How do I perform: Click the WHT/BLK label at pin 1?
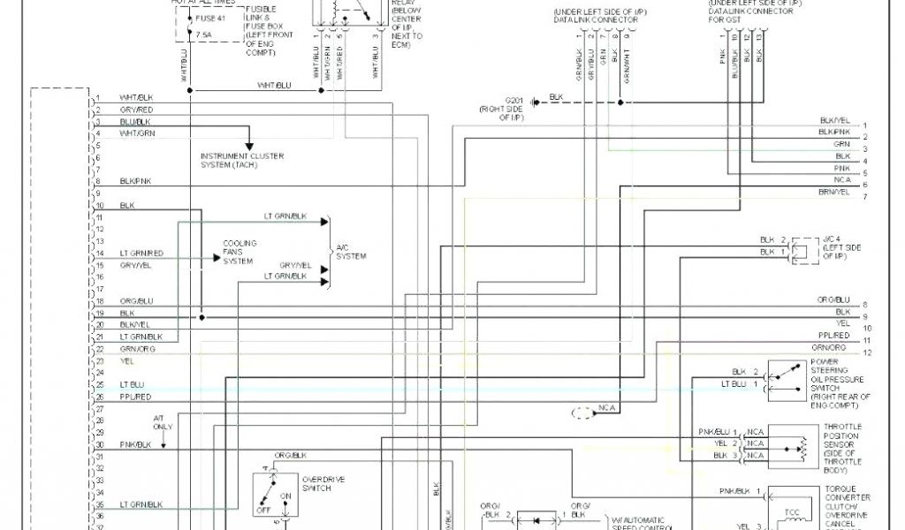point(136,97)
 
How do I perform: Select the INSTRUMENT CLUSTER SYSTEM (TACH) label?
point(242,161)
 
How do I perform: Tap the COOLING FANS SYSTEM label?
point(240,253)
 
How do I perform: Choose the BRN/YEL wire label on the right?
point(833,192)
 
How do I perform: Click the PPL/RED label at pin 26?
point(135,397)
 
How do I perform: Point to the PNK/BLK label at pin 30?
point(135,444)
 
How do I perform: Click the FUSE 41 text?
point(209,19)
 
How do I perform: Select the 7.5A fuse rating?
point(203,35)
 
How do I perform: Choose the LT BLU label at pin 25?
point(132,385)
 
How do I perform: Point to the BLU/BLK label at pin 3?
point(135,121)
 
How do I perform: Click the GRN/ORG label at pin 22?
point(136,349)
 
